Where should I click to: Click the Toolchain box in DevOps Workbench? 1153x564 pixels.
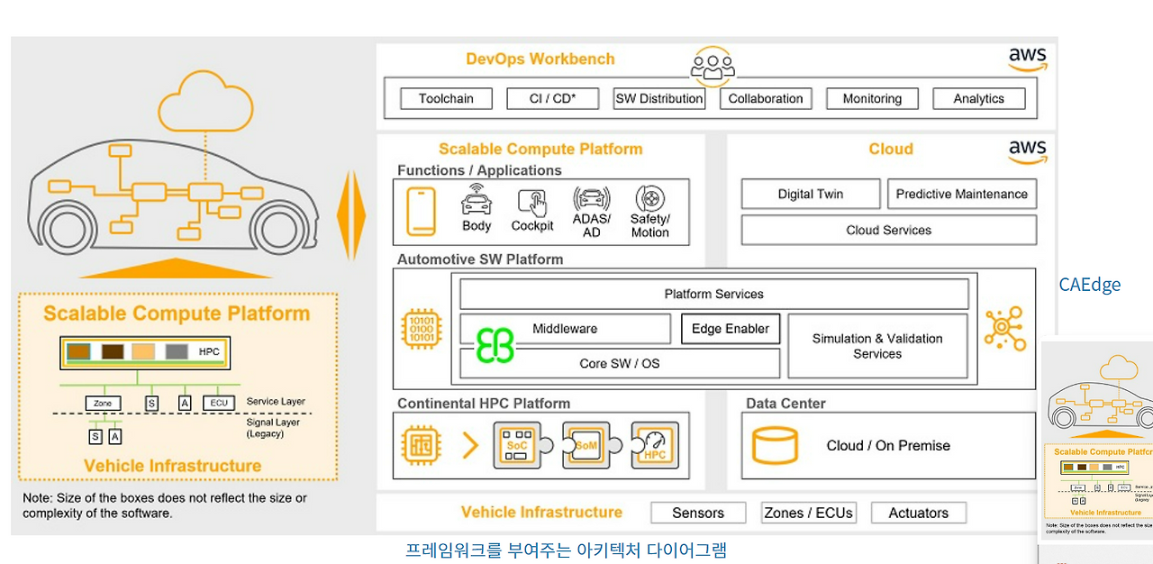446,99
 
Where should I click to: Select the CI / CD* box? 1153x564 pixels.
551,99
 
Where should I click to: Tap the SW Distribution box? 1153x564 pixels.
658,99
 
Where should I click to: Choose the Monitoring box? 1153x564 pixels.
871,99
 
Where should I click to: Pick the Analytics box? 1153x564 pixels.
978,99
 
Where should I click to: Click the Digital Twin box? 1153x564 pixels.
810,194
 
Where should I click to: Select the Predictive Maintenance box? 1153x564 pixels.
961,194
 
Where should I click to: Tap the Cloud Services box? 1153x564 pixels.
888,230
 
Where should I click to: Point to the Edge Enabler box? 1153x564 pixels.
730,329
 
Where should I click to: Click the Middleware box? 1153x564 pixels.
565,329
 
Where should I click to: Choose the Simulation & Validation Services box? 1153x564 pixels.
877,346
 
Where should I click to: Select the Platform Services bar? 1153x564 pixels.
713,294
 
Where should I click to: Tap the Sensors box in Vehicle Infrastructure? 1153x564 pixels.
698,513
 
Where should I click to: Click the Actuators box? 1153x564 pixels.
918,513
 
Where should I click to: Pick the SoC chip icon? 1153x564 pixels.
517,444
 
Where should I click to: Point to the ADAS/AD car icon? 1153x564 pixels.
591,200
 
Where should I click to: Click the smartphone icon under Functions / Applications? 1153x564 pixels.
421,212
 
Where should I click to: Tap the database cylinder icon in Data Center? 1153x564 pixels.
775,446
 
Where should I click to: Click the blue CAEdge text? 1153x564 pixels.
1089,285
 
